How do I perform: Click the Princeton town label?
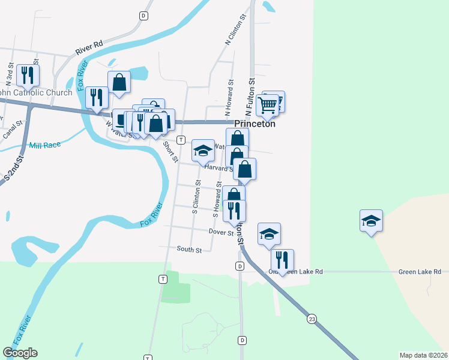pos(255,124)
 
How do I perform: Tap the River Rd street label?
pos(89,48)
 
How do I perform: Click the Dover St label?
pos(220,232)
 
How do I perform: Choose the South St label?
pos(189,249)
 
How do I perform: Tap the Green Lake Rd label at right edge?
pos(420,272)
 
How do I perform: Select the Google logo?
pos(20,353)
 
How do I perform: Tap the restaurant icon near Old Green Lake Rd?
pos(282,260)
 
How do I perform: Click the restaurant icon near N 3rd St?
pos(28,74)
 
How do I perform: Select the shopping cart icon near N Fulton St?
pos(267,105)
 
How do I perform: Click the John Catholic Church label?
pos(36,92)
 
